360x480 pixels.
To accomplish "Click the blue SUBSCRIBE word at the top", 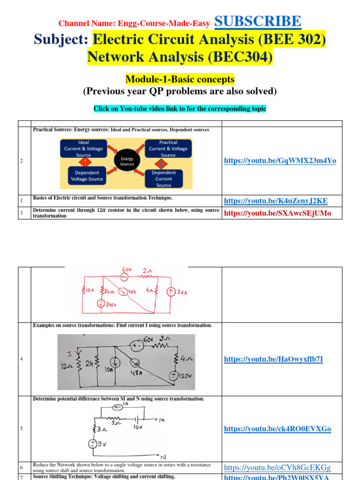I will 257,22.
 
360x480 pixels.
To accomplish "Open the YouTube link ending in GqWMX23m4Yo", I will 280,161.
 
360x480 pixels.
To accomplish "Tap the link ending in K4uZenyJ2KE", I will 276,201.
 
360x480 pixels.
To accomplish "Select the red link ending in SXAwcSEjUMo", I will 277,213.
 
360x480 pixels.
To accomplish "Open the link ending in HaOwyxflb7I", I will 273,360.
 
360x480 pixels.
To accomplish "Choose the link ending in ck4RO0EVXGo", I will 277,429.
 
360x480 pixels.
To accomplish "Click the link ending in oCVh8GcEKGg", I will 277,468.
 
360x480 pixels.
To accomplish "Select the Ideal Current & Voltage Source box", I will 83,148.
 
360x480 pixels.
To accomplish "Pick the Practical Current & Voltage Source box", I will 168,148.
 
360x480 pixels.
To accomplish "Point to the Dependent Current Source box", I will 164,179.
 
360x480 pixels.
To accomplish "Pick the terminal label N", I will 163,457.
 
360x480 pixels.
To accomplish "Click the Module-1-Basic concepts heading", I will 180,79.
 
